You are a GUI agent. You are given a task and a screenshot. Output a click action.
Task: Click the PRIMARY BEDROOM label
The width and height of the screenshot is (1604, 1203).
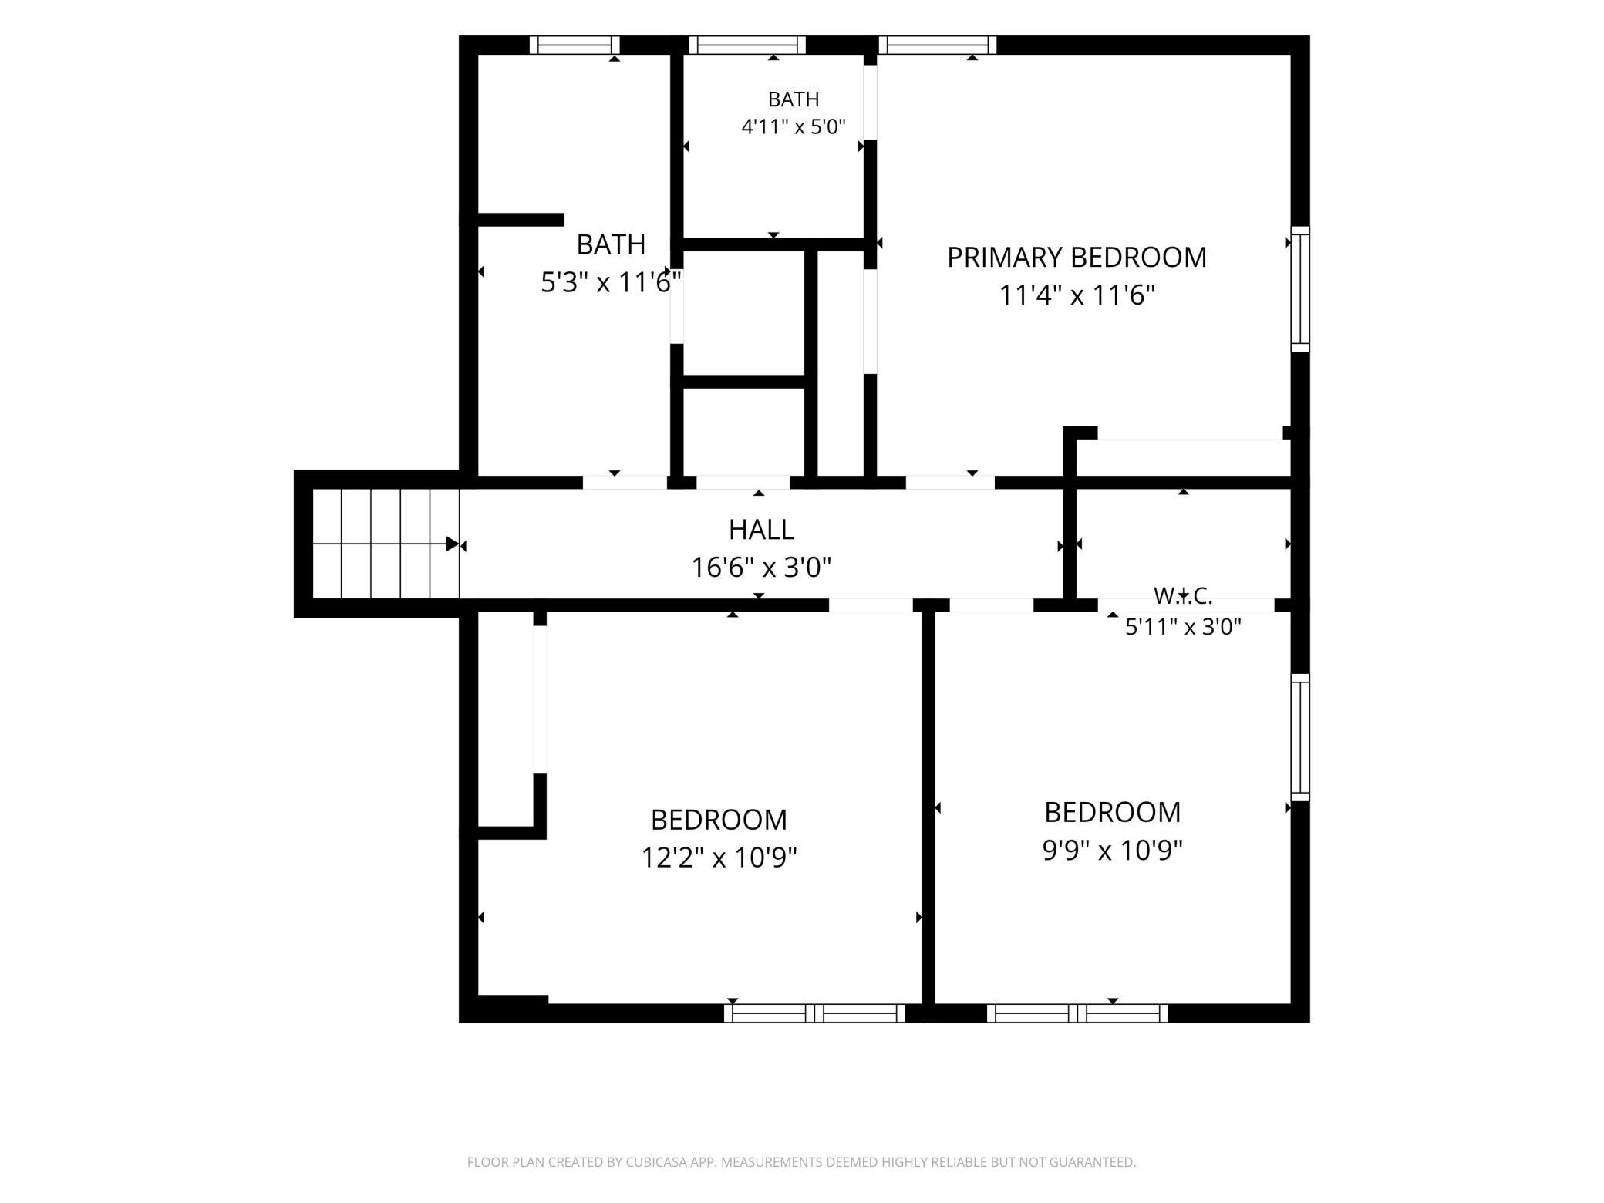tap(1077, 258)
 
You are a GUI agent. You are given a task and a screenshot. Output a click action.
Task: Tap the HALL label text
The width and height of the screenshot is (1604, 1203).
tap(761, 530)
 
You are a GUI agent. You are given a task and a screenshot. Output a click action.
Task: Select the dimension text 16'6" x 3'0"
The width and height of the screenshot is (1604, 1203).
tap(761, 568)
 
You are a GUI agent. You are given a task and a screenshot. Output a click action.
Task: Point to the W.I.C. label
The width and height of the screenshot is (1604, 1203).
tap(1183, 595)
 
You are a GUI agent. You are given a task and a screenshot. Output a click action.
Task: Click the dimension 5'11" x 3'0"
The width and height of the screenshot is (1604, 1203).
tap(1183, 626)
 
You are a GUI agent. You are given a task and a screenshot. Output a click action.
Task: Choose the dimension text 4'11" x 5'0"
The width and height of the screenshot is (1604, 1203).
tap(794, 126)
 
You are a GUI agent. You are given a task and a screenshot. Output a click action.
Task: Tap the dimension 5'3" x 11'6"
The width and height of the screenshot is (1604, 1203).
tap(611, 282)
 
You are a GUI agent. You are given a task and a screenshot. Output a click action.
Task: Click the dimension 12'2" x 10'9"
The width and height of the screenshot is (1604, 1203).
tap(719, 857)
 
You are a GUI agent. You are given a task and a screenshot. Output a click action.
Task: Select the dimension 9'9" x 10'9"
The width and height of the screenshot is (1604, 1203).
tap(1112, 850)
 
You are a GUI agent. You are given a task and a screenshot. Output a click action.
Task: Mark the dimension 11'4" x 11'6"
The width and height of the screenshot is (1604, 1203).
tap(1077, 295)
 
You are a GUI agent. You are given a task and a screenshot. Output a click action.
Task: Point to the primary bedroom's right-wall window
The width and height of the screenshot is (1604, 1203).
tap(1300, 289)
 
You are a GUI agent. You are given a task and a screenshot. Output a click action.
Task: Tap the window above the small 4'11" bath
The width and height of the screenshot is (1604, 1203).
tap(747, 45)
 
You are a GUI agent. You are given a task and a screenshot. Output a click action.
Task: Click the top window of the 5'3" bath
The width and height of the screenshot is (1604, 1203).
tap(575, 45)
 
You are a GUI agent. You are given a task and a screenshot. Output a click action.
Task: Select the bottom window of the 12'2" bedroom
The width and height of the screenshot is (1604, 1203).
tap(814, 1013)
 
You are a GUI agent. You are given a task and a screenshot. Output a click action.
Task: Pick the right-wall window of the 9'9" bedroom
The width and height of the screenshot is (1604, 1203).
tap(1300, 737)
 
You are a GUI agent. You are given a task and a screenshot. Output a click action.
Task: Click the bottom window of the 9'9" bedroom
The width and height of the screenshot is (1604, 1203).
tap(1077, 1013)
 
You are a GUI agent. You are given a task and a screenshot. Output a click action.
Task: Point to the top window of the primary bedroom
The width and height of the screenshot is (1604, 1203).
tap(938, 45)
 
